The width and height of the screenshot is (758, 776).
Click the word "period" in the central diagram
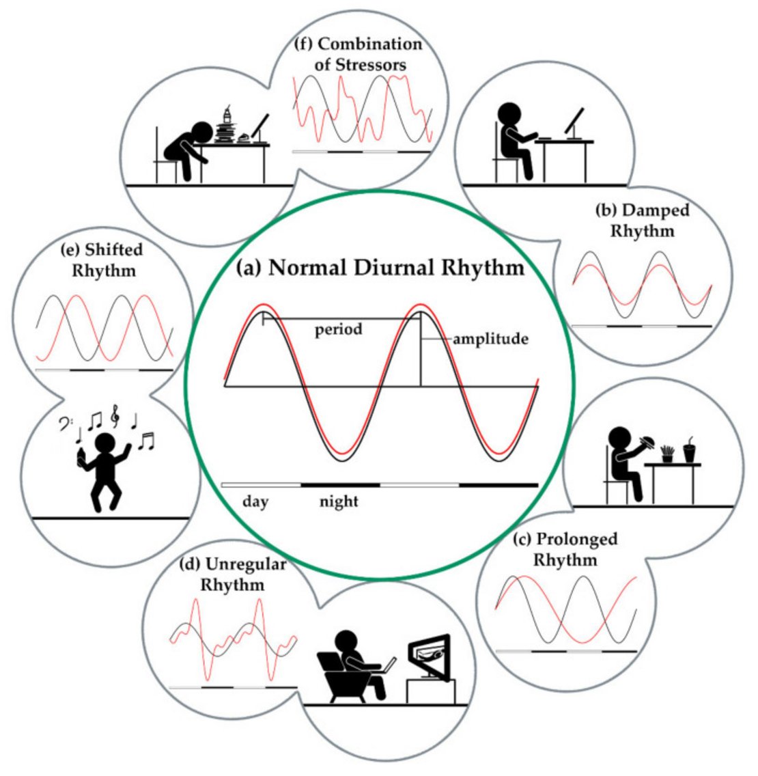click(x=338, y=330)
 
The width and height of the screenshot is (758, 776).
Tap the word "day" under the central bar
click(x=255, y=502)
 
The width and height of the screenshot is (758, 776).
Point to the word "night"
click(x=339, y=502)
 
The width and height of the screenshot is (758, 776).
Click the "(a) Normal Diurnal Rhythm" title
click(x=380, y=268)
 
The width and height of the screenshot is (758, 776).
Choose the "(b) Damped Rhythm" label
click(x=642, y=220)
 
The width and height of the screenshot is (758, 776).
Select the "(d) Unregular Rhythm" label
click(x=232, y=574)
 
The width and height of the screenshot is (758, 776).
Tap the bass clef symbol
click(x=63, y=426)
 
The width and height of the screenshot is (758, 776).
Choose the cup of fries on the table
click(x=666, y=453)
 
